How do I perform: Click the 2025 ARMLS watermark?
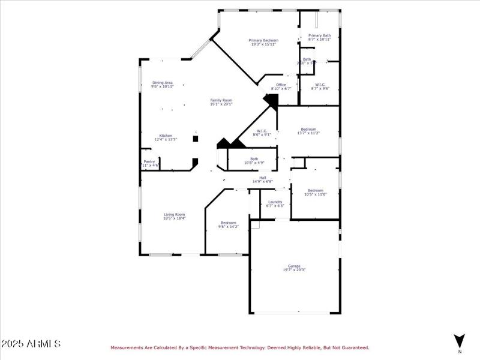[x=31, y=344]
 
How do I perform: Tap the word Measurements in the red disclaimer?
[x=127, y=347]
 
